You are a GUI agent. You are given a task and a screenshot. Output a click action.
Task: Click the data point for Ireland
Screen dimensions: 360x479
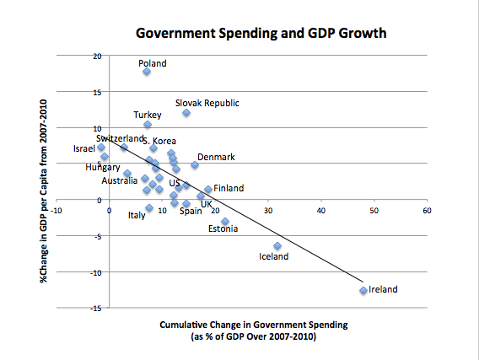click(363, 290)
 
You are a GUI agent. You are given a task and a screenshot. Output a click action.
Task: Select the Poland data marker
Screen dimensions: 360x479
click(147, 72)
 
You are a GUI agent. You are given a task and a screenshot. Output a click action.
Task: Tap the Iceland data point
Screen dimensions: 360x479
click(277, 245)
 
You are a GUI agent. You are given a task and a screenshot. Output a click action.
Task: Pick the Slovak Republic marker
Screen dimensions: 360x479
click(186, 113)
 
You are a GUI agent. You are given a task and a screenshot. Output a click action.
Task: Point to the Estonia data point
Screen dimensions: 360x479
click(225, 222)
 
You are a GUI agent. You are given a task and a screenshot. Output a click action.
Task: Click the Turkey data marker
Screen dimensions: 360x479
click(148, 125)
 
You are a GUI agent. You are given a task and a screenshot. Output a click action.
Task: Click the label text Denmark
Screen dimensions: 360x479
click(216, 157)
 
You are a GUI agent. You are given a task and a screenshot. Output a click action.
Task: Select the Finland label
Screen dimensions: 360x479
click(229, 188)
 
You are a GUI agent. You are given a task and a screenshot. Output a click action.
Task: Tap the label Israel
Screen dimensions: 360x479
click(85, 148)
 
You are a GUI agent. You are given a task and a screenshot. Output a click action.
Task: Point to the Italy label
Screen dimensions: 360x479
click(137, 215)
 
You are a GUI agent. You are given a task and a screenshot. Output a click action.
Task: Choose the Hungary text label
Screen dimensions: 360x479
click(103, 168)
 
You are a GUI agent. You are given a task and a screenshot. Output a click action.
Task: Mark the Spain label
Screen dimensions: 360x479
click(191, 211)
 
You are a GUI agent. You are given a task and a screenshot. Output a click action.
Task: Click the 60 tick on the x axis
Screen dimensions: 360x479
click(427, 210)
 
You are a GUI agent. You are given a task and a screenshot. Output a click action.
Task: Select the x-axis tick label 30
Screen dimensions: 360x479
click(268, 210)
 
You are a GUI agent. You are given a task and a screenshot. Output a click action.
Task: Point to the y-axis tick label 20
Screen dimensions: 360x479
click(98, 56)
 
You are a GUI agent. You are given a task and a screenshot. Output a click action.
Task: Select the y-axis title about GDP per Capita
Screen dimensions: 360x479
click(42, 180)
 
